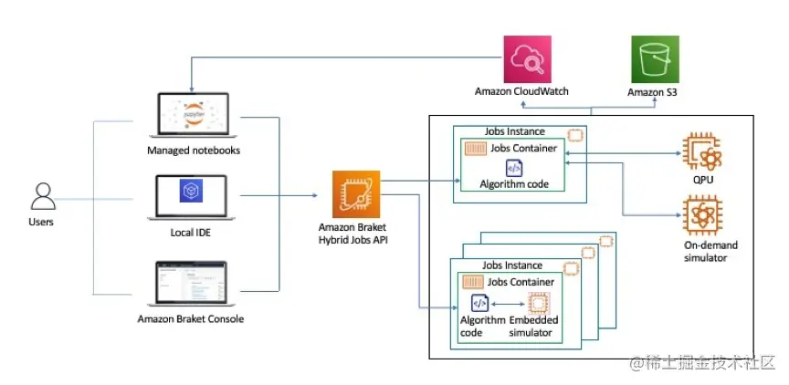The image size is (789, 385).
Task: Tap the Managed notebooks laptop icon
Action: tap(194, 116)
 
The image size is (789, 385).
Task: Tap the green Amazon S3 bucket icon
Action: tap(652, 60)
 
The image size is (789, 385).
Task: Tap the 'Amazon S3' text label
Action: tap(652, 92)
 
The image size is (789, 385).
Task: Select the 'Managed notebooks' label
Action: tap(194, 150)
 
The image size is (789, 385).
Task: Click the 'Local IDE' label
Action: tap(194, 233)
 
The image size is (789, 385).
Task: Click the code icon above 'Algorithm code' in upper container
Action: tap(514, 167)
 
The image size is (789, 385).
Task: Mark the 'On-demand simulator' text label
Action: tap(710, 252)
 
